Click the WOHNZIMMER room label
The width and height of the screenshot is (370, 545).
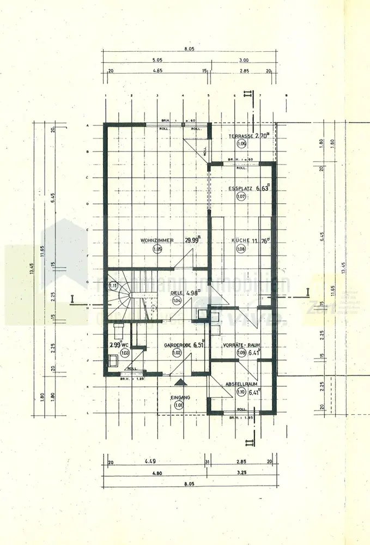(157, 240)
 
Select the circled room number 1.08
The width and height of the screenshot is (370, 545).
(241, 249)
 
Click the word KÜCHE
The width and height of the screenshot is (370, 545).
(240, 240)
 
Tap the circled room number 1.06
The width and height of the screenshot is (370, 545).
(242, 144)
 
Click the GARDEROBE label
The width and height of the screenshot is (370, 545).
(176, 344)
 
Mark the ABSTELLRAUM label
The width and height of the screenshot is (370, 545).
(242, 384)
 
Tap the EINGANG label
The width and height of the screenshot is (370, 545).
(179, 397)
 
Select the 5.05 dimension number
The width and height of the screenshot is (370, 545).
(157, 60)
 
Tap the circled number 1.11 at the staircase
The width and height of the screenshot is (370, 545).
(113, 285)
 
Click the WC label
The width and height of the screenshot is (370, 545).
(125, 344)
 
